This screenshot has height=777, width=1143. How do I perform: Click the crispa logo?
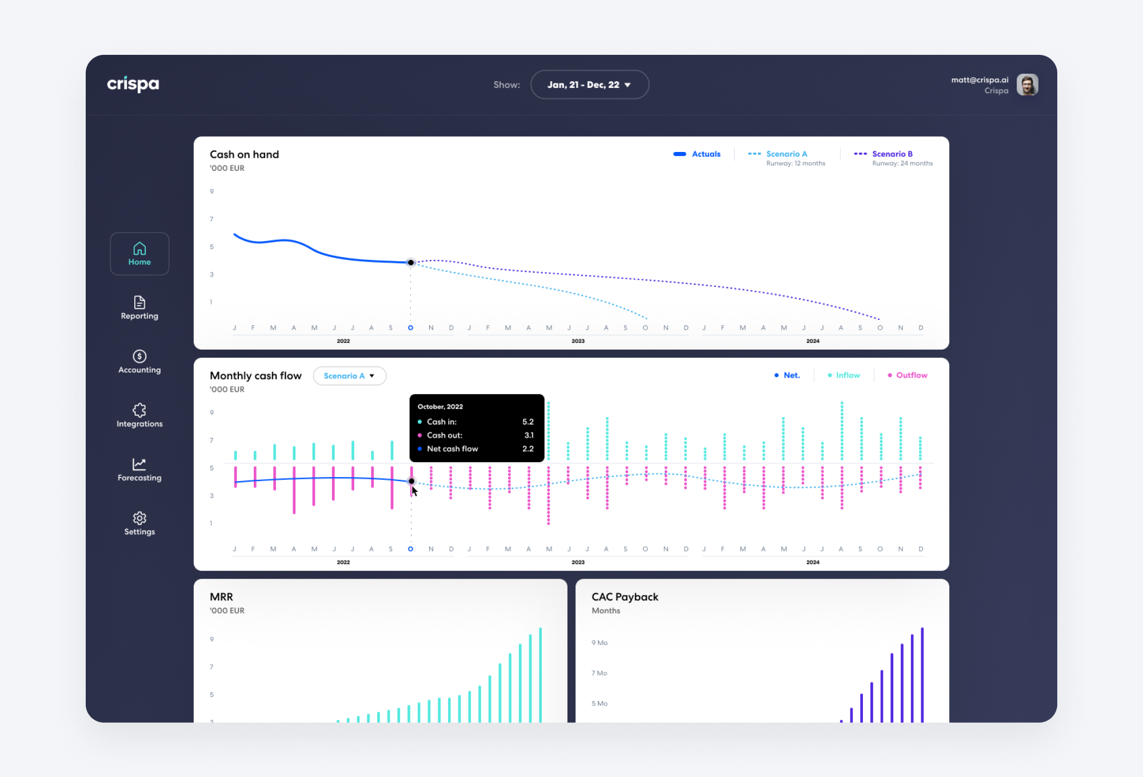(133, 84)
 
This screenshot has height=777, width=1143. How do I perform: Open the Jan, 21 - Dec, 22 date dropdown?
(589, 85)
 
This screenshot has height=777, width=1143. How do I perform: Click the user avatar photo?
(1027, 85)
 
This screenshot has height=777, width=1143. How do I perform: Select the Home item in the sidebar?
(139, 254)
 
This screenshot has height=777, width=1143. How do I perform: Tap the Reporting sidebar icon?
(139, 302)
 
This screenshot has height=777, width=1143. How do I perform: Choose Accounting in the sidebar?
(139, 362)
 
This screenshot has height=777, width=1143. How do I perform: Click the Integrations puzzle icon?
(139, 410)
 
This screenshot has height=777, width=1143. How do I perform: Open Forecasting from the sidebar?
(139, 470)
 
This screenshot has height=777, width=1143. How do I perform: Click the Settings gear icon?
(139, 518)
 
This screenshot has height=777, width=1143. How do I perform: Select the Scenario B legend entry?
(892, 154)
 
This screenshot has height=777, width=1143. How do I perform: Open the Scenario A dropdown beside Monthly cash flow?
(349, 376)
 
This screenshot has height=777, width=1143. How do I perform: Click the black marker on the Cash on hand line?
(411, 263)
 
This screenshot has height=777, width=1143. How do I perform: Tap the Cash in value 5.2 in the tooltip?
(527, 422)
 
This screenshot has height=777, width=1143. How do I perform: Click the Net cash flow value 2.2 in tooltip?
(527, 448)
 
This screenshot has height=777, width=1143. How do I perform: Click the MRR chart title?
(221, 596)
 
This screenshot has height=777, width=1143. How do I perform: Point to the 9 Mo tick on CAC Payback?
(600, 643)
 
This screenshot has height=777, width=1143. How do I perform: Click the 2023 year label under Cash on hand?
(578, 341)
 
